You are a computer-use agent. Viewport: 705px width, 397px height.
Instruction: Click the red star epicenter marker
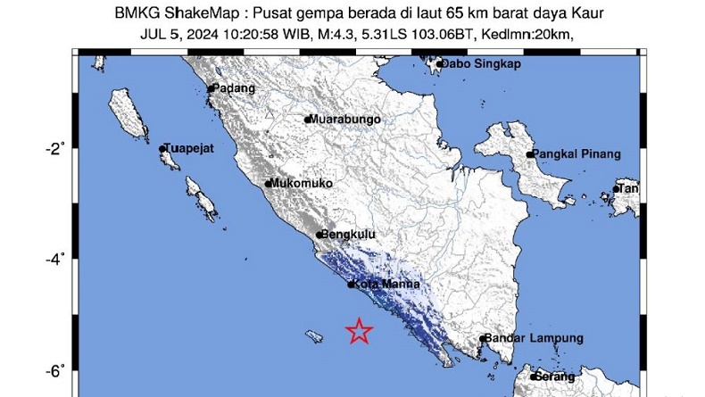(x=359, y=331)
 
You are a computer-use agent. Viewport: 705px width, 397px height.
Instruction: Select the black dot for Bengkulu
(x=319, y=235)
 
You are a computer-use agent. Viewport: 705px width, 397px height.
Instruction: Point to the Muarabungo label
(x=346, y=119)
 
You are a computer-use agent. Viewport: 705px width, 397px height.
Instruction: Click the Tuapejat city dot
(x=162, y=149)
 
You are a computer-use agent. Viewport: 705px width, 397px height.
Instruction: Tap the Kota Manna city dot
(x=351, y=285)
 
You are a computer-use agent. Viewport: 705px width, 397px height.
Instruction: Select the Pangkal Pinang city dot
(x=529, y=154)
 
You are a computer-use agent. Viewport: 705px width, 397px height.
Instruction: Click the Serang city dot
(x=533, y=376)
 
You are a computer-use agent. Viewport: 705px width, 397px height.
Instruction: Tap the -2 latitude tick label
(x=55, y=148)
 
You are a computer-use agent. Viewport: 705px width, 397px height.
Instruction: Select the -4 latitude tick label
(x=55, y=260)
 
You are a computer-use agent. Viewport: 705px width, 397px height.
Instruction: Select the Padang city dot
(x=211, y=89)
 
